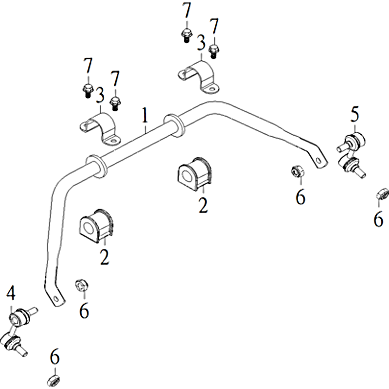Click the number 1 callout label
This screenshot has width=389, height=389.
pyautogui.click(x=145, y=115)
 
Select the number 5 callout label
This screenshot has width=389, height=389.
pyautogui.click(x=355, y=114)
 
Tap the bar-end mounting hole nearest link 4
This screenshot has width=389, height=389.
pyautogui.click(x=56, y=298)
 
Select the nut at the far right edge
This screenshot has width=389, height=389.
pyautogui.click(x=382, y=194)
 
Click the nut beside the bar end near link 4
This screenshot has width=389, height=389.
pyautogui.click(x=82, y=285)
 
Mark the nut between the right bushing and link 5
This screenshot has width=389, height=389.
pyautogui.click(x=297, y=171)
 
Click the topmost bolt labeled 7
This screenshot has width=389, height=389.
pyautogui.click(x=186, y=35)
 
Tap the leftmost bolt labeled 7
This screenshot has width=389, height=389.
pyautogui.click(x=87, y=91)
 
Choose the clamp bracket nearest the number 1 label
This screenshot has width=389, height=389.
pyautogui.click(x=101, y=128)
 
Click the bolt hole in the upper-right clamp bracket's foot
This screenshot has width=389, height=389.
pyautogui.click(x=212, y=89)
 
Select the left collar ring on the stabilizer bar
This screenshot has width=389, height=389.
pyautogui.click(x=96, y=167)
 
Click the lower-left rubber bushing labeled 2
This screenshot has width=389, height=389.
pyautogui.click(x=97, y=226)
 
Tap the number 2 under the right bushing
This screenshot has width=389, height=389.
pyautogui.click(x=203, y=206)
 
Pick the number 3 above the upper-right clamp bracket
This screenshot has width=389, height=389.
pyautogui.click(x=201, y=42)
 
